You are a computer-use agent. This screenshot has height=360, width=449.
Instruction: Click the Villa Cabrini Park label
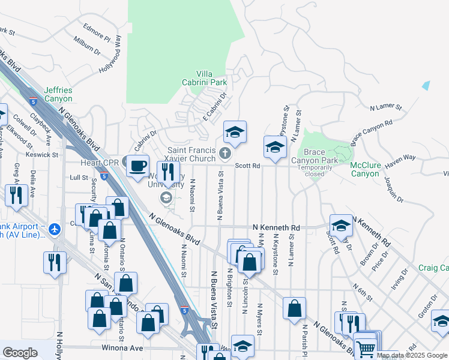(x=205, y=77)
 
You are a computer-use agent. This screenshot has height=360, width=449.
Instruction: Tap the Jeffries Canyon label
(x=58, y=94)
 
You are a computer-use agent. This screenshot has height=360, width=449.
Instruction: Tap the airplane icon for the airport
(x=55, y=229)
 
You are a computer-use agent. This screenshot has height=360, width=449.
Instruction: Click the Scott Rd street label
(x=247, y=166)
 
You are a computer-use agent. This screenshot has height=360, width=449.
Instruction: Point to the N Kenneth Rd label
(x=276, y=228)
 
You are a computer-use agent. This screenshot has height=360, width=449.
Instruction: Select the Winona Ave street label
(x=127, y=348)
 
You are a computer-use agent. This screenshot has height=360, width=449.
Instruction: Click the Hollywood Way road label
(x=110, y=55)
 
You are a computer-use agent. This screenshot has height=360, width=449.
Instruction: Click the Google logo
(x=20, y=353)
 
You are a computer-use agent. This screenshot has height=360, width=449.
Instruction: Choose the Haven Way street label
(x=400, y=158)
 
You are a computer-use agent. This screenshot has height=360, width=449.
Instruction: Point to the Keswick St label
(x=42, y=154)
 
